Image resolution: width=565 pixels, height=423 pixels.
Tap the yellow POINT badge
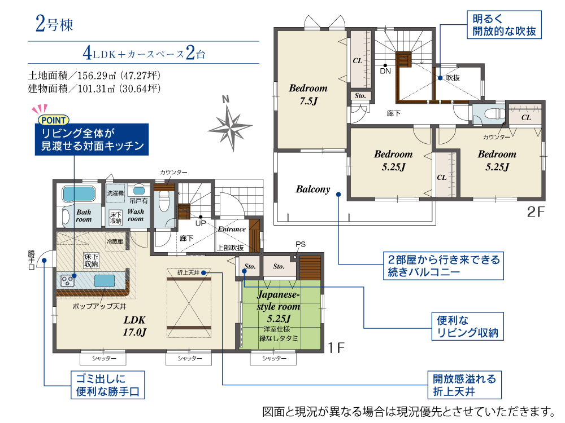pos(53,120)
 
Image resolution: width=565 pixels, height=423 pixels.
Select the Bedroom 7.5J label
pos(308,95)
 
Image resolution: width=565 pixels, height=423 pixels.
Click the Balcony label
pos(313,189)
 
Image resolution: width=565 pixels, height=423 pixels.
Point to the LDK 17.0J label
pos(134,326)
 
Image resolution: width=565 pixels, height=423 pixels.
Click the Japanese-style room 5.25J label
pos(279,306)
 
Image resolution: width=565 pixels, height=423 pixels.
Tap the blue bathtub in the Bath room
pos(79,194)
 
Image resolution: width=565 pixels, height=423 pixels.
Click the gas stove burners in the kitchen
pos(67,280)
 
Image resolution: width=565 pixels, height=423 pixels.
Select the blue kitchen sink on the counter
pos(105,280)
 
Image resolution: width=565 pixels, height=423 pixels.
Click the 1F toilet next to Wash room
pos(164,202)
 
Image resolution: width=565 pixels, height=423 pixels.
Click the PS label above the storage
pos(301,244)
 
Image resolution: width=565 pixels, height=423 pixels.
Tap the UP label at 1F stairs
pos(201,223)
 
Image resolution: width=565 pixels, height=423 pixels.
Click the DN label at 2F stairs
pos(385,71)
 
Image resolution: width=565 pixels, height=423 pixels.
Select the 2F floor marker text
pos(536,212)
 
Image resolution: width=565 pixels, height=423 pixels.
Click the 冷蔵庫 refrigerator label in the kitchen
pos(115,241)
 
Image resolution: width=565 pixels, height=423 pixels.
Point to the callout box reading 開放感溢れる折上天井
pos(464,385)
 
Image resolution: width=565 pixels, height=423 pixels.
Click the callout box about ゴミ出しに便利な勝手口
pos(108,385)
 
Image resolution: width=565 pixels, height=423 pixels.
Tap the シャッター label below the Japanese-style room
pos(274,358)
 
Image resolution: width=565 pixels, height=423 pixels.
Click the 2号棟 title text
pos(54,24)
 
